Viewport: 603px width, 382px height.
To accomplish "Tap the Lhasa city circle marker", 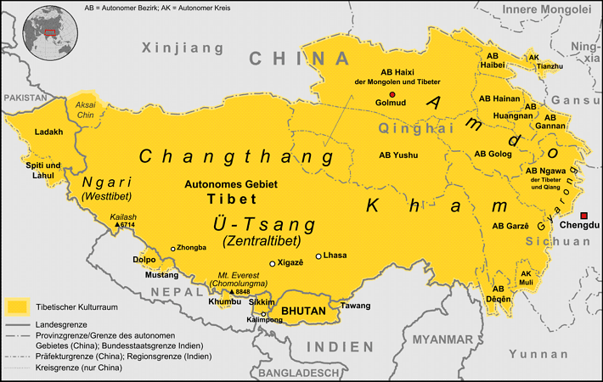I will [x=318, y=256].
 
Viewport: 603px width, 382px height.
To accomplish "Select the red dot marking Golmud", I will [x=392, y=94].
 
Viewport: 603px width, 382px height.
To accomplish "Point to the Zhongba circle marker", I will [x=173, y=249].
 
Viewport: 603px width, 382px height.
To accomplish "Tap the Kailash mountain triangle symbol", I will [x=116, y=225].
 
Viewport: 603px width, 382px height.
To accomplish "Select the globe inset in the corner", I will [x=50, y=30].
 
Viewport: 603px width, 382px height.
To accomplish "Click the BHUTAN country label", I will [x=303, y=312].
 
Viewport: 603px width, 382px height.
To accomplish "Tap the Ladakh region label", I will [x=48, y=132].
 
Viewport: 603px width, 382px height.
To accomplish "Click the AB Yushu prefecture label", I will [x=399, y=155].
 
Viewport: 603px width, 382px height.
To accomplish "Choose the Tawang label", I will [x=355, y=305].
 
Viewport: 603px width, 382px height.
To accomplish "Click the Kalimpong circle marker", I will [x=264, y=313].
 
